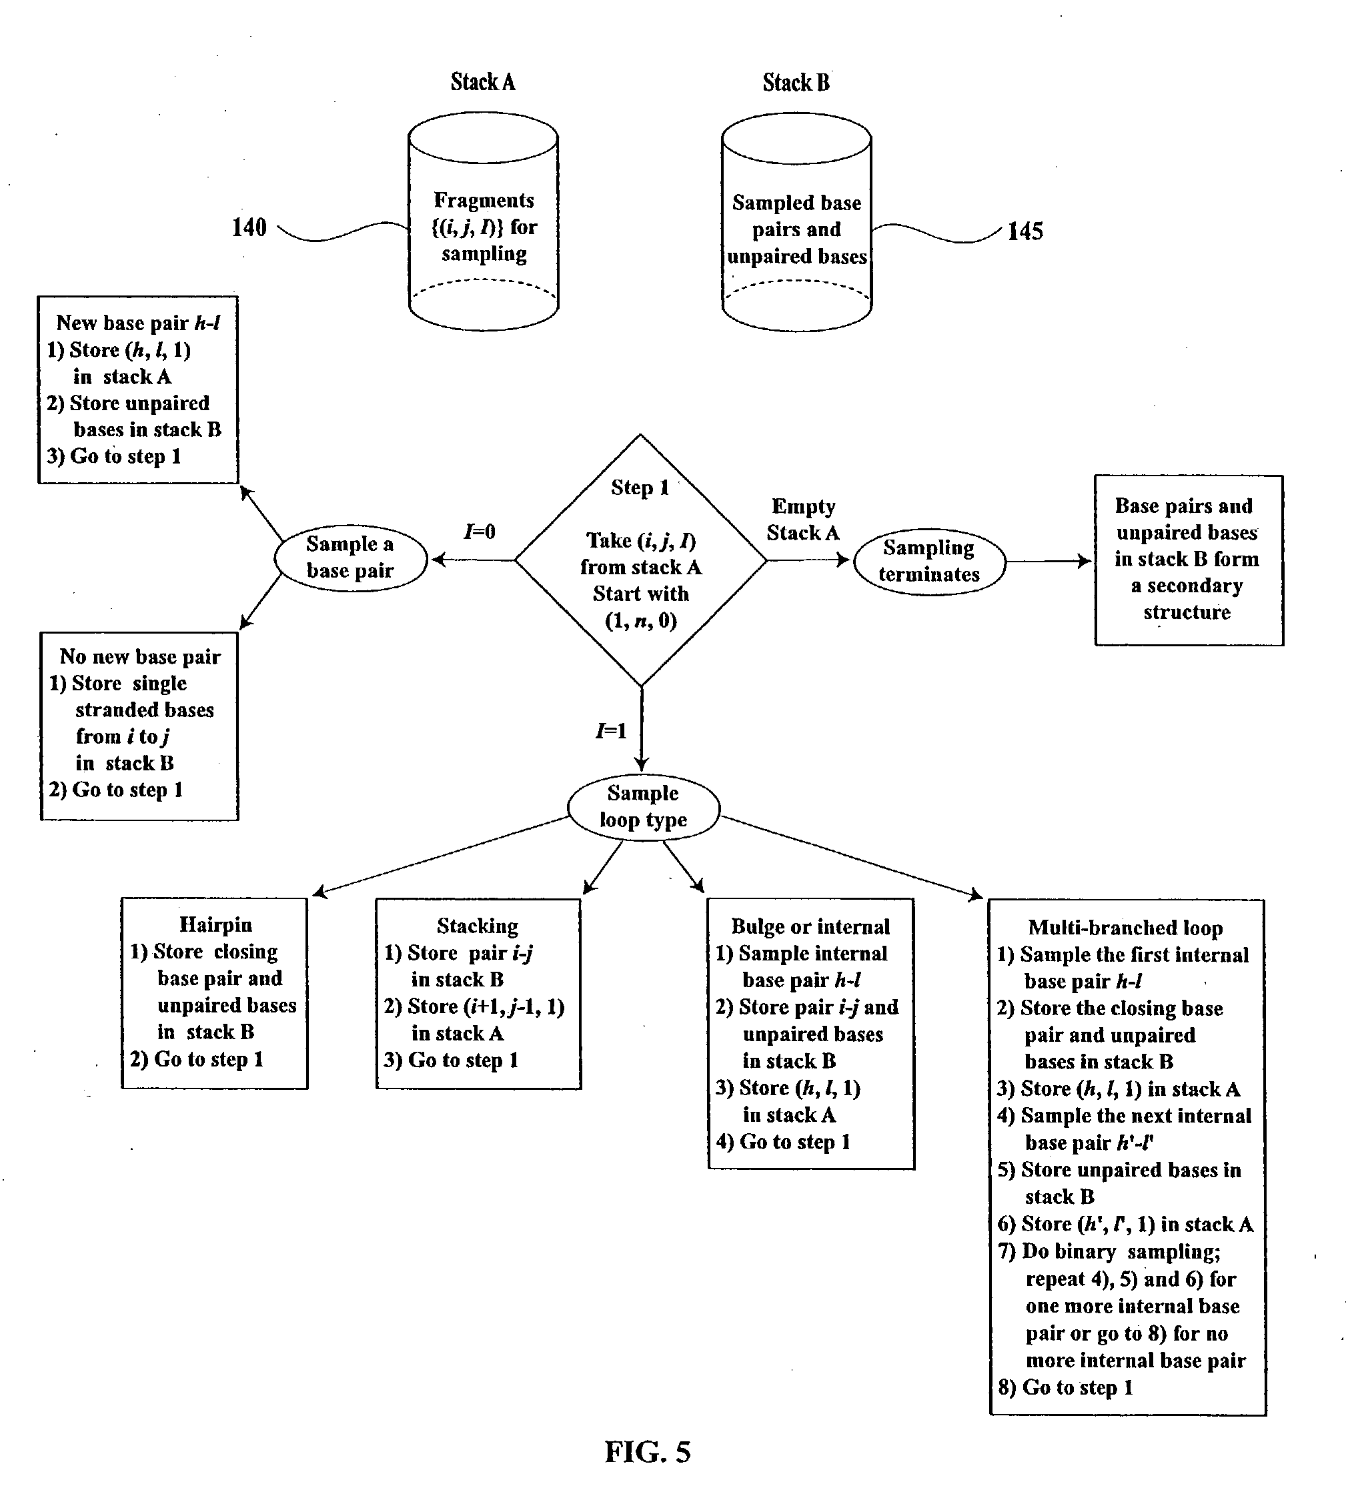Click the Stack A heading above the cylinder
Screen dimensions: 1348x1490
coord(483,81)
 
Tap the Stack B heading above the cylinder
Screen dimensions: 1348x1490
coord(796,82)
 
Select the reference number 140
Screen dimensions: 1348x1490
coord(249,227)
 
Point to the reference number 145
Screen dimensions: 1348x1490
coord(1025,231)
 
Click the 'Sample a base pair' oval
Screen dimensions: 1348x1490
coord(350,558)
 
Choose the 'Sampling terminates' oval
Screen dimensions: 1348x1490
coord(929,561)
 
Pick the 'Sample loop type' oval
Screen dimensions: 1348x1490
coord(643,806)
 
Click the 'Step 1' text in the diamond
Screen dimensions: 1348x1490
coord(640,488)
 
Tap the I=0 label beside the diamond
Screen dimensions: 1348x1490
coord(480,532)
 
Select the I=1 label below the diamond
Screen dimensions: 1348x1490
coord(611,731)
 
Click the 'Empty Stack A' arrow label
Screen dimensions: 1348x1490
coord(803,520)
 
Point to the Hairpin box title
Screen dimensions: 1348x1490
coord(216,924)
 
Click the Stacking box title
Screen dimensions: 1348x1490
coord(478,926)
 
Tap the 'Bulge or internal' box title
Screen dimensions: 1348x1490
coord(810,927)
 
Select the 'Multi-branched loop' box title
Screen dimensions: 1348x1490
coord(1125,928)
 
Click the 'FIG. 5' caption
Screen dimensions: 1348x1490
coord(648,1452)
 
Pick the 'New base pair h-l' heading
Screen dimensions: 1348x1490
coord(138,323)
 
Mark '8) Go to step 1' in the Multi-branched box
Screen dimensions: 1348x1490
coord(1065,1387)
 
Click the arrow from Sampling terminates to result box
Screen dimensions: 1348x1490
coord(1048,561)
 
